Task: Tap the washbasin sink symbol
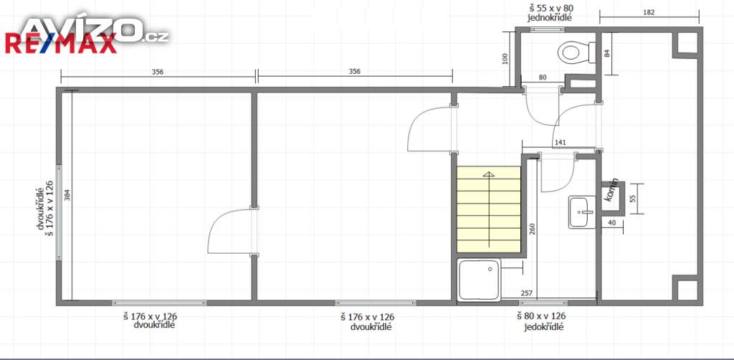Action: coord(582,212)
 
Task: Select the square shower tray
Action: coord(480,280)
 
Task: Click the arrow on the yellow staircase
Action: coord(489,209)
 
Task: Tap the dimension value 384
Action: coord(67,195)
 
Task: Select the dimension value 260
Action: coord(533,228)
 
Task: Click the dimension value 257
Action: coord(525,293)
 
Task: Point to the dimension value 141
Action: coord(560,142)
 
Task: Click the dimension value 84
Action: coord(608,53)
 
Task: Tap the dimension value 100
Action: coord(505,59)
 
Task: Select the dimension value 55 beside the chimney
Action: coord(632,199)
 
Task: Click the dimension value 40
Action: coord(611,223)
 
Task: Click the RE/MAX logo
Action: coord(60,44)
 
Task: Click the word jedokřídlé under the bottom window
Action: coord(544,327)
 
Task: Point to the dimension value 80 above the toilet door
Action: coord(543,77)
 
